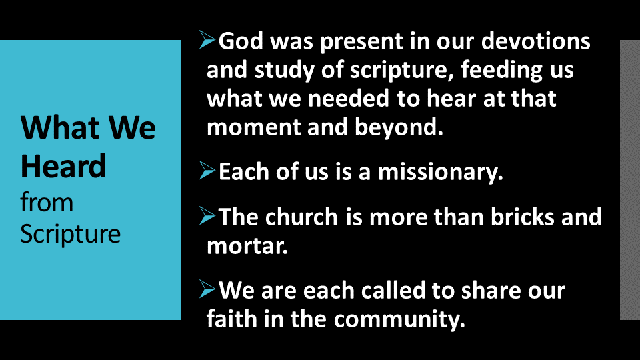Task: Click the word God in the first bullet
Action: coord(241,41)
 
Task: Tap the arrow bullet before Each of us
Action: coord(207,170)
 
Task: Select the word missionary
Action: coord(441,172)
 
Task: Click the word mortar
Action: coord(247,246)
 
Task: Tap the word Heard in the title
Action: coord(63,166)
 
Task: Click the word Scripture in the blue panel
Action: coord(70,235)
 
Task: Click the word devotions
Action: coord(535,41)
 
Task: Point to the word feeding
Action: coord(501,71)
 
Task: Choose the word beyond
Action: coord(399,127)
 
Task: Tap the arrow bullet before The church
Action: coord(207,215)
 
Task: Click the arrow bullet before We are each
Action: coord(207,289)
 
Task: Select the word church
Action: coord(301,216)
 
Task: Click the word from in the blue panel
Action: coord(47,203)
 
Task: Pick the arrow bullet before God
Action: coord(207,39)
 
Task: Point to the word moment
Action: coord(253,127)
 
